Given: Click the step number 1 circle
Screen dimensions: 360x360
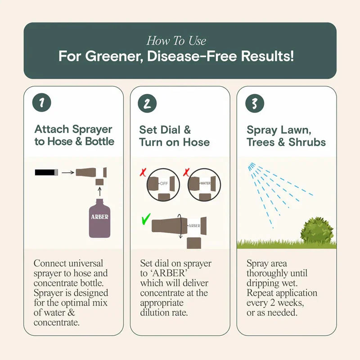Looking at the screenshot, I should [x=42, y=103].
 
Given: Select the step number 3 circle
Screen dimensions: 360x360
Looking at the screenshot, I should [x=254, y=103].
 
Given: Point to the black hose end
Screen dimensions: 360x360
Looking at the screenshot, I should [x=45, y=172].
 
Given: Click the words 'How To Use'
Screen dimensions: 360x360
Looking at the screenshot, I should [x=176, y=41].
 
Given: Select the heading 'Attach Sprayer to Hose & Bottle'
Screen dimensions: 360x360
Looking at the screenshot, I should [x=74, y=135].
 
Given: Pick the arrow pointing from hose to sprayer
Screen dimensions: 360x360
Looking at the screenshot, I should [x=67, y=172].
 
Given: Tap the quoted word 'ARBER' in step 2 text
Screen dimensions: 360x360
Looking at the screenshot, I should [x=169, y=273].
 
